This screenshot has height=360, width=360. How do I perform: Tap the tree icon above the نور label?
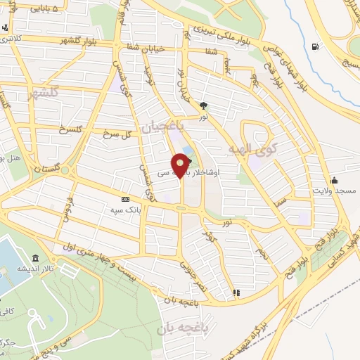(x=204, y=105)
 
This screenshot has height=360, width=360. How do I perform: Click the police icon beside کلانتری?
(x=6, y=28)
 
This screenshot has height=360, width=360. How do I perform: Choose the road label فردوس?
(x=70, y=210)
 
